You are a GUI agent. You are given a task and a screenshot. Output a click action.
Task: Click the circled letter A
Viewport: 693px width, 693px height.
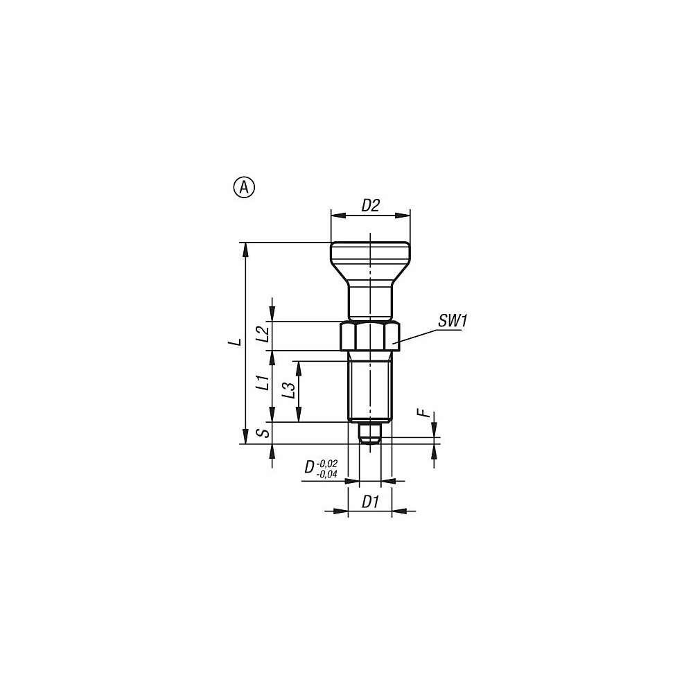pyautogui.click(x=244, y=187)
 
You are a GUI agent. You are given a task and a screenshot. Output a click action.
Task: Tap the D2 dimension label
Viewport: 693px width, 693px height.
pyautogui.click(x=370, y=205)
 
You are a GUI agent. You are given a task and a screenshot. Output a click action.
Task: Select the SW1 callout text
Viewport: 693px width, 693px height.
pyautogui.click(x=453, y=321)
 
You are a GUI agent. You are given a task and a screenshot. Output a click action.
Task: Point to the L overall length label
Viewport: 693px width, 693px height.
pyautogui.click(x=238, y=342)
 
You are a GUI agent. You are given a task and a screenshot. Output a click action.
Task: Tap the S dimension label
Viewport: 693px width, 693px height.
pyautogui.click(x=264, y=432)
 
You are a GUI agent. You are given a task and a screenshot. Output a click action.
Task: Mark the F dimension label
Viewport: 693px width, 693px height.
pyautogui.click(x=425, y=413)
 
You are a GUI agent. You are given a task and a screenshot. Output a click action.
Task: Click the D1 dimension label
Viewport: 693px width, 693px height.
pyautogui.click(x=370, y=502)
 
